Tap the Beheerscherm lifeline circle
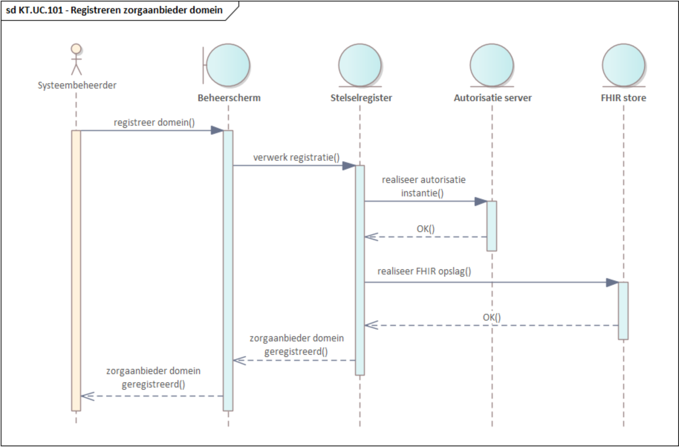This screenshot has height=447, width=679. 228,65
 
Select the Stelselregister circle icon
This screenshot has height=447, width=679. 360,65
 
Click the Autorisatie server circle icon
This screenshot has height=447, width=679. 492,65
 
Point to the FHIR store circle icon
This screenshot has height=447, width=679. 623,65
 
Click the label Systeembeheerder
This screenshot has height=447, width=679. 77,85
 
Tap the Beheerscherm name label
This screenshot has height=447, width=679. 229,98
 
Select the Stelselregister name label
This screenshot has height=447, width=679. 361,98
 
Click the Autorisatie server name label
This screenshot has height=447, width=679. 493,98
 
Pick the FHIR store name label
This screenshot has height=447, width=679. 623,98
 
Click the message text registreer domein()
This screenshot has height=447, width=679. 154,122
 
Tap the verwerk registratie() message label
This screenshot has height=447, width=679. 296,157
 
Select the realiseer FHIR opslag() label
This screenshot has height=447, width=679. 424,271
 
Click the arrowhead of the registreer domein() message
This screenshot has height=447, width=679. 217,130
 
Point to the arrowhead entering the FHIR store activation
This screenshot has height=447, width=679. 612,283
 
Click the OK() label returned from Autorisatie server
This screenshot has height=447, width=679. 425,229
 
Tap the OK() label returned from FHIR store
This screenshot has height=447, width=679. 491,317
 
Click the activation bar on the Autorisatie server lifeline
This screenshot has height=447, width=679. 491,226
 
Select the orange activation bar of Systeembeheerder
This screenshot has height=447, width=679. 76,270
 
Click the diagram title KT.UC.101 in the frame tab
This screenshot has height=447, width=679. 114,10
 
